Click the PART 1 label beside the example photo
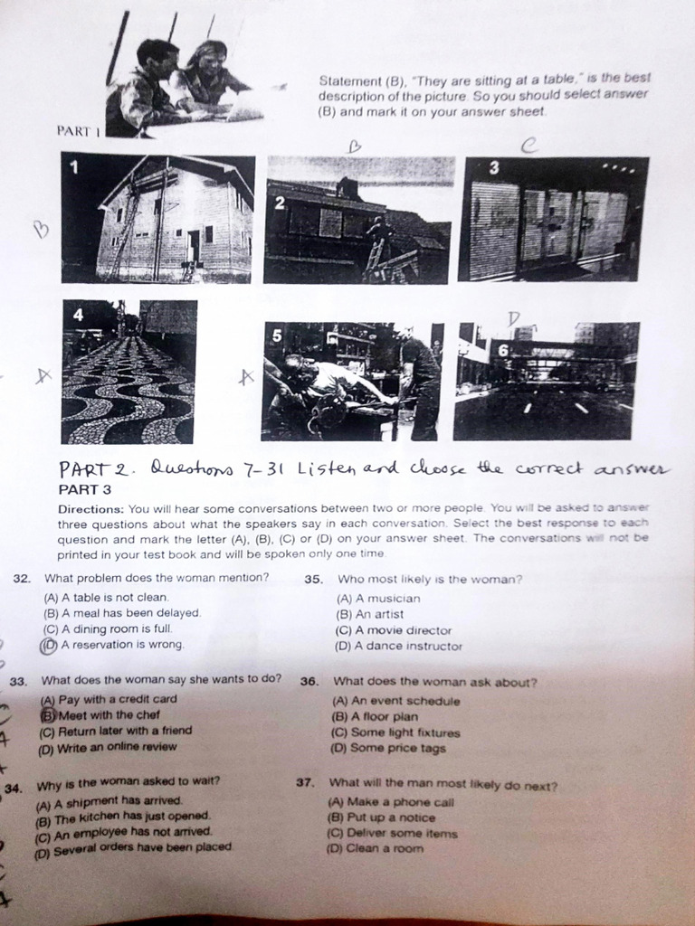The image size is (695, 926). (75, 131)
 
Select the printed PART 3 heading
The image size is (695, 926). (84, 489)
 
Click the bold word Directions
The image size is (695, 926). (90, 509)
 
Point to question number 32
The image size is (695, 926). (22, 578)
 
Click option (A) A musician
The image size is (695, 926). (378, 599)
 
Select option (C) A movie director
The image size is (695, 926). (393, 630)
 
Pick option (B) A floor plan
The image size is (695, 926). (375, 716)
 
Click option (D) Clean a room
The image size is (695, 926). (374, 848)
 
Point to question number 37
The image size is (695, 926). (305, 784)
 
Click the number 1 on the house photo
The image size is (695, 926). (74, 166)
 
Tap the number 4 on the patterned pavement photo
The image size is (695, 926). (78, 316)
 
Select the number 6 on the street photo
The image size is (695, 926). (503, 349)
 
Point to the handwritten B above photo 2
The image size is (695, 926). (355, 144)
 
